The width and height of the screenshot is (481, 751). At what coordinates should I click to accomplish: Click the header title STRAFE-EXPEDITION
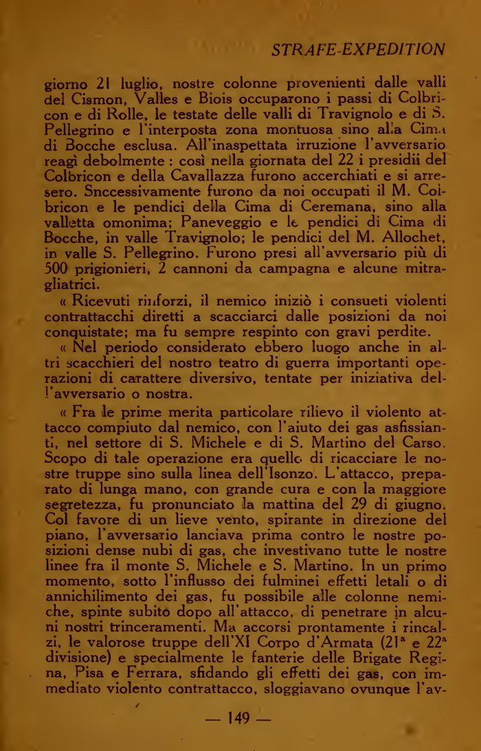358,49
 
